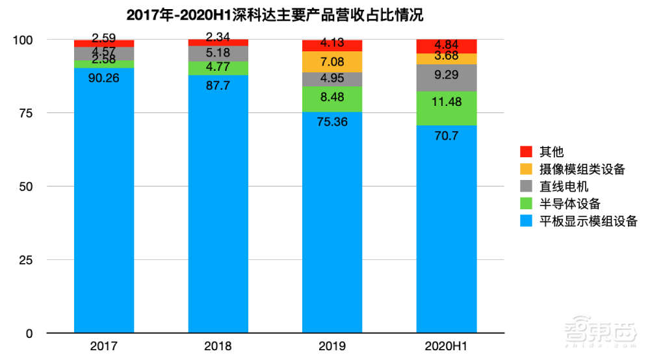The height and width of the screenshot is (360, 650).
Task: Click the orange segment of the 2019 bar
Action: (333, 61)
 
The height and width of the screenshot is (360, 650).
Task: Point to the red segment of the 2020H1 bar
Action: (447, 46)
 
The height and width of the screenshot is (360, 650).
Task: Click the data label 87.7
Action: (218, 84)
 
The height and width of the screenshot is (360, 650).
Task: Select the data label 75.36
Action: (332, 122)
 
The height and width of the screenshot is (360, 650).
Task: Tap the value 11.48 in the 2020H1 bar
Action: (447, 101)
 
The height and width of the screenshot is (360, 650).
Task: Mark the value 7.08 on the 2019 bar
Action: (332, 62)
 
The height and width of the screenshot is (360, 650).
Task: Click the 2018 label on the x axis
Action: (218, 346)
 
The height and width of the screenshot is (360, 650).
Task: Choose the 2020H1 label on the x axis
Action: (447, 346)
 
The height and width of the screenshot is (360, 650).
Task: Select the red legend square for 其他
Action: (526, 152)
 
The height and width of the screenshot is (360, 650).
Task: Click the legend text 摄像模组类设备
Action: (582, 170)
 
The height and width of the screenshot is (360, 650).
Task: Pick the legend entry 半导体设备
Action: (569, 204)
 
